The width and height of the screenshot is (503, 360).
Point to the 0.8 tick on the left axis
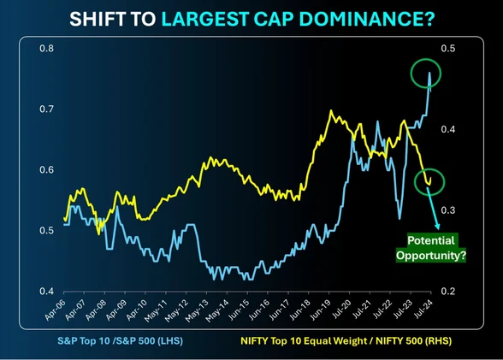pos(46,49)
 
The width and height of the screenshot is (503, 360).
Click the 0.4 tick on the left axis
pos(46,292)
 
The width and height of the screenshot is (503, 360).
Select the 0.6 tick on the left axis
pos(46,170)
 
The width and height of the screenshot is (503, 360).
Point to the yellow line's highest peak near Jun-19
pos(329,111)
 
